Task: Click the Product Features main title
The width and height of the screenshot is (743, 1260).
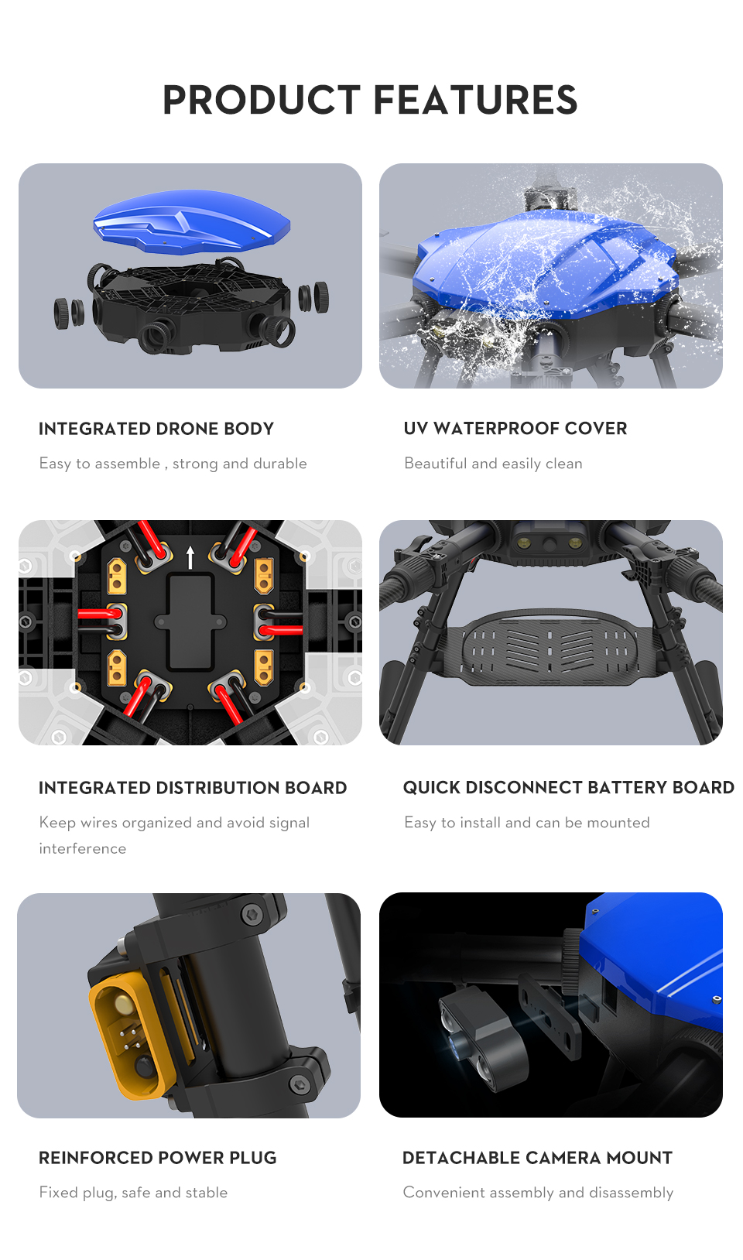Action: [x=370, y=100]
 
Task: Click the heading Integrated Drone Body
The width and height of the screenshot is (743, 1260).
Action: [x=156, y=429]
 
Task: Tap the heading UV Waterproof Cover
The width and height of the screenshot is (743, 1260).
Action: [x=515, y=428]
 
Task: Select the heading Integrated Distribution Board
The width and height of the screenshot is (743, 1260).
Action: [x=193, y=788]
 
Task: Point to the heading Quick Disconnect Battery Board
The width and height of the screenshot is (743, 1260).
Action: [x=569, y=787]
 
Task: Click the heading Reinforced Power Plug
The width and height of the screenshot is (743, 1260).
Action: [x=157, y=1158]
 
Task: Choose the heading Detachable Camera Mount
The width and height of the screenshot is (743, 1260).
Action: [x=538, y=1158]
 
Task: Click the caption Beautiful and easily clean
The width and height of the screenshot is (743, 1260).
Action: [x=493, y=464]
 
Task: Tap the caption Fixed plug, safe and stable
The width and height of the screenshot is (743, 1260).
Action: [x=133, y=1193]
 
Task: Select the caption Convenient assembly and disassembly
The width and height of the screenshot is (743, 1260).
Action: [x=538, y=1193]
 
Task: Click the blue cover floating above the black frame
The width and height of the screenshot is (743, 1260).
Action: [x=191, y=222]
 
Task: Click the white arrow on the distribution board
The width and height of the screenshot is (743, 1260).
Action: [x=190, y=557]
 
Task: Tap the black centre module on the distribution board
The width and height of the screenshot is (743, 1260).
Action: [x=190, y=621]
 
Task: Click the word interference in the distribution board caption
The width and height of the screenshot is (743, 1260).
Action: [x=83, y=848]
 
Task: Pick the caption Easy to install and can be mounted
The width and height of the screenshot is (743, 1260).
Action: [x=527, y=823]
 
